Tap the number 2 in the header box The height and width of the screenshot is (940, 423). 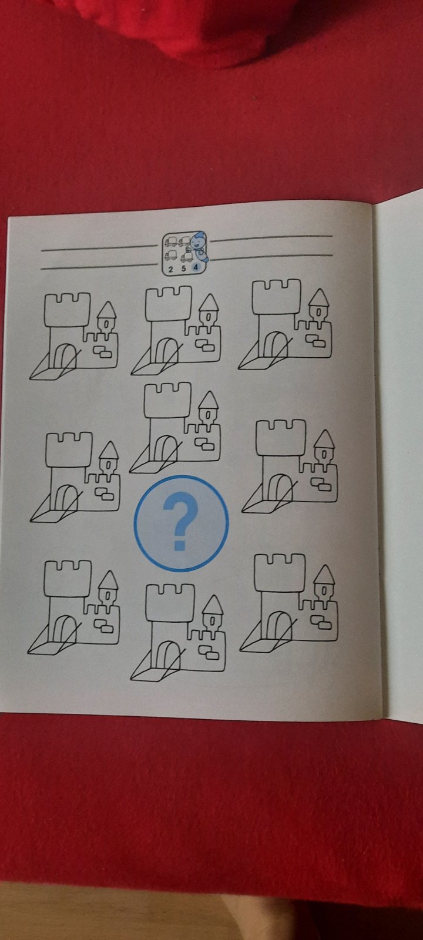170,269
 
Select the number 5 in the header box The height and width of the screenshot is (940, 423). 183,268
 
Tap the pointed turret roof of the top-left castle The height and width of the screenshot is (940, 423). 106,310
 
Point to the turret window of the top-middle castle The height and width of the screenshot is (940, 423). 208,315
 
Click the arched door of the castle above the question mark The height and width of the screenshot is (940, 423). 165,446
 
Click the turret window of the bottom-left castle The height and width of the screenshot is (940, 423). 108,595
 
